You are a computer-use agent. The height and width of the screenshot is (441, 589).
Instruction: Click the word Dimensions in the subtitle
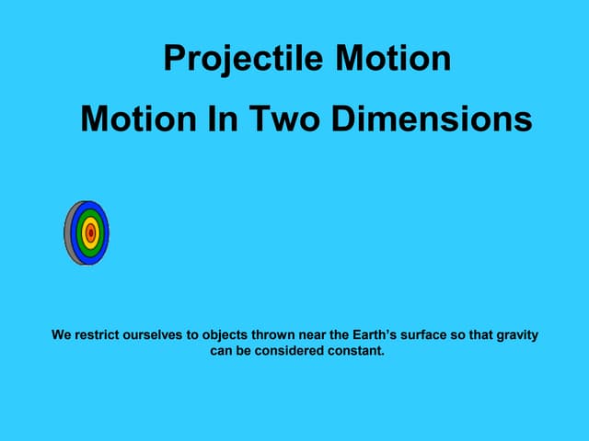coord(427,119)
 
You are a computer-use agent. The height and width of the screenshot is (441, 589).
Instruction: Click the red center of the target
coord(90,233)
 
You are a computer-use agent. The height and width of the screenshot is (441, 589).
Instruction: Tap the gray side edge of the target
coord(68,233)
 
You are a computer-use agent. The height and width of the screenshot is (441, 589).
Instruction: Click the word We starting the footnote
coord(62,335)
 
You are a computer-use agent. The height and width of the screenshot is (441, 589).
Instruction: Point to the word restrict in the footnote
coord(99,335)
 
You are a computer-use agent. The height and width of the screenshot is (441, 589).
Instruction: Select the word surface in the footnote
coord(428,335)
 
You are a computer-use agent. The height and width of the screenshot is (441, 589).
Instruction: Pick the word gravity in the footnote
coord(516,335)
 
